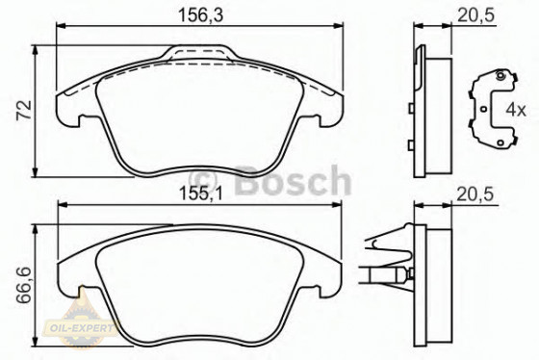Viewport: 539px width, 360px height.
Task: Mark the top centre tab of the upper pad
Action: click(200, 48)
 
